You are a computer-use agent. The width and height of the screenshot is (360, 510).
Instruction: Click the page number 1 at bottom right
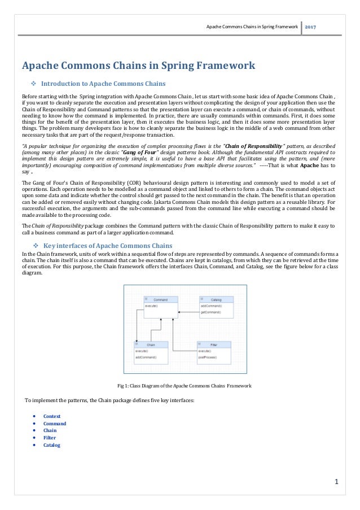point(336,482)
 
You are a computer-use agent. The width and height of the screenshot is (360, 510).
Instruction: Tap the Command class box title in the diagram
point(161,299)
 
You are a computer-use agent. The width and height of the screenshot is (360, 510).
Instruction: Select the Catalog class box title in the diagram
point(216,299)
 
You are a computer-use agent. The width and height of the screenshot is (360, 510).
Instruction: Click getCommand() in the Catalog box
point(210,311)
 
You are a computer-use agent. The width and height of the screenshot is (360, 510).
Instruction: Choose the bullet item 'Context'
point(52,416)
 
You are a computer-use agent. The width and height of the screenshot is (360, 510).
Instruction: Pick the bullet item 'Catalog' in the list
point(51,444)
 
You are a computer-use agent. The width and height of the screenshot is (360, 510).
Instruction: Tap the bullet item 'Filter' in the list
point(49,437)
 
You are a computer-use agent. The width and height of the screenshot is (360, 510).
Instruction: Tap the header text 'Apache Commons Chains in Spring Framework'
point(252,27)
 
